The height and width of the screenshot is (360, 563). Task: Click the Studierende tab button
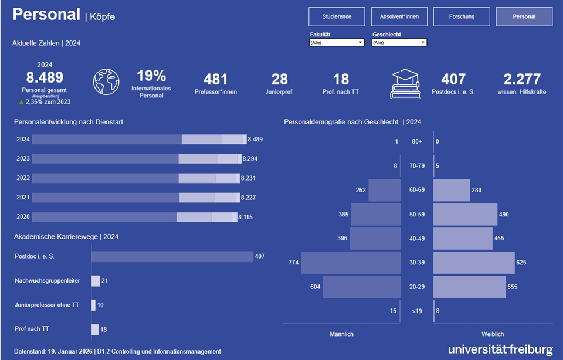[x=337, y=17]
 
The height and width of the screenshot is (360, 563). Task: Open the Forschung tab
[x=462, y=17]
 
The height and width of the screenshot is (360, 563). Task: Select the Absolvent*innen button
[x=399, y=17]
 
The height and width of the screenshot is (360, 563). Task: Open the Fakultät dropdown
[x=337, y=43]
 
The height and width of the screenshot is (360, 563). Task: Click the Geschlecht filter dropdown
[x=399, y=43]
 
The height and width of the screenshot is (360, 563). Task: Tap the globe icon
[x=106, y=82]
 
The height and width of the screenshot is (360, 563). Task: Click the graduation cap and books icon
[x=406, y=84]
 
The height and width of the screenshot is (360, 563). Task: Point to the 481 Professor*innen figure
[x=215, y=79]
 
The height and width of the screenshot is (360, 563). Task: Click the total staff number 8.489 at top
[x=45, y=77]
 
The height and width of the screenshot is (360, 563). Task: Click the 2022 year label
[x=23, y=178]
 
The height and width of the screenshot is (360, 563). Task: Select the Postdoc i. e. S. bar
[x=172, y=257]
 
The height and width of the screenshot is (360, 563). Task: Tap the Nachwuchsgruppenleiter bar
[x=96, y=281]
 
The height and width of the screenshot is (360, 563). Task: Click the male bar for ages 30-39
[x=350, y=263]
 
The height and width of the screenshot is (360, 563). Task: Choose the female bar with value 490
[x=465, y=215]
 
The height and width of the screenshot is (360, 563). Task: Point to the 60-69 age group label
[x=417, y=190]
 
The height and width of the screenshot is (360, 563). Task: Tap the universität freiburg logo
[x=500, y=349]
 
